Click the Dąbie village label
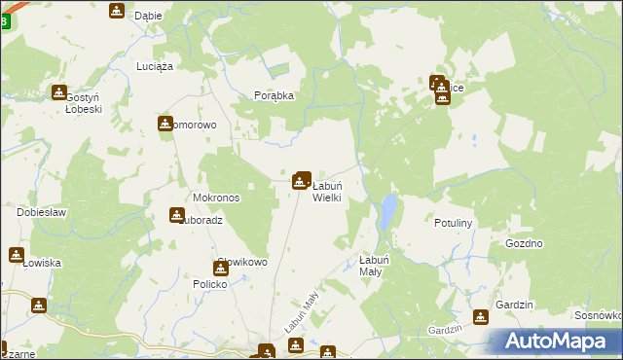pos(148,16)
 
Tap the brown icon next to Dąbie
pos(117,12)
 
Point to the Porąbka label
pos(274,95)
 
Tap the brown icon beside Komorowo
pos(165,124)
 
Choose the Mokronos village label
pos(216,197)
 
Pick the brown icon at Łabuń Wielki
pos(302,180)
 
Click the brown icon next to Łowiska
pos(17,255)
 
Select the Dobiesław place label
pos(41,211)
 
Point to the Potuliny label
pos(453,223)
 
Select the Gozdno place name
pos(524,243)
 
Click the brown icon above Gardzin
pos(480,317)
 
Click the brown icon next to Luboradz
pos(177,215)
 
